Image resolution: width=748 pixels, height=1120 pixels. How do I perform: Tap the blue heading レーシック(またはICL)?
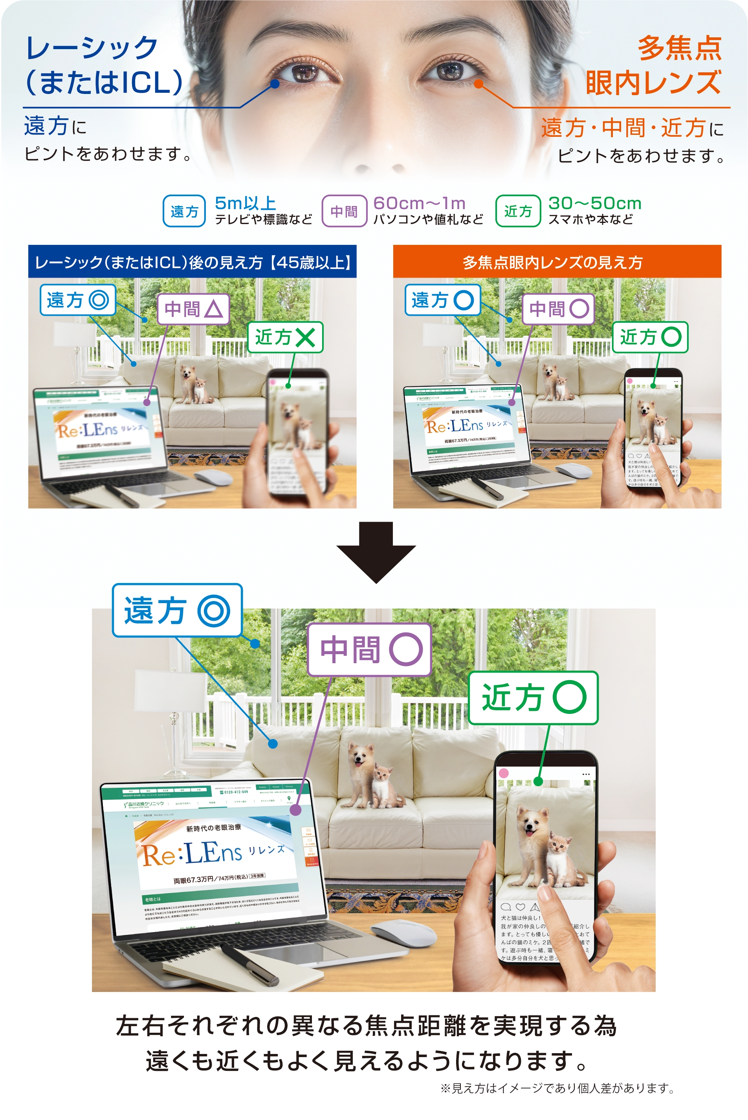tap(104, 65)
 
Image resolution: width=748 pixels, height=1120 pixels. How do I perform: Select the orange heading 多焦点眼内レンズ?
tap(654, 65)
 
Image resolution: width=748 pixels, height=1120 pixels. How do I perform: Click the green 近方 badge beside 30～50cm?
tap(518, 211)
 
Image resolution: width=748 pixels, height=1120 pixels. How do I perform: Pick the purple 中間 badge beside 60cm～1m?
tap(344, 211)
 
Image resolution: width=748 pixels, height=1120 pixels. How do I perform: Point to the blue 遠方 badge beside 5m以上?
tap(184, 211)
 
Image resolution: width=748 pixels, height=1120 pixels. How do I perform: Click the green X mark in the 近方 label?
tap(305, 338)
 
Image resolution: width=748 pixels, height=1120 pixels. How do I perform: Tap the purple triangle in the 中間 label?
tap(213, 309)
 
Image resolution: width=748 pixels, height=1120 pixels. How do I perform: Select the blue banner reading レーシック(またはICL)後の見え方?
tap(192, 261)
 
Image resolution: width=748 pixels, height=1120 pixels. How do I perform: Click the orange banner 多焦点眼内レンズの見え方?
tap(557, 261)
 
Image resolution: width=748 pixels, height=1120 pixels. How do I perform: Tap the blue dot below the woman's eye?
tap(275, 84)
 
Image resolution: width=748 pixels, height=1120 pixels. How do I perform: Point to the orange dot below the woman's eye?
tap(478, 84)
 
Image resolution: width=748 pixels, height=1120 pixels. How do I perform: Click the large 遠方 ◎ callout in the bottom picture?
tap(177, 610)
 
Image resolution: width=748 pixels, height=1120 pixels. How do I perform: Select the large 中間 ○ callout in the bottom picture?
tap(370, 649)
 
